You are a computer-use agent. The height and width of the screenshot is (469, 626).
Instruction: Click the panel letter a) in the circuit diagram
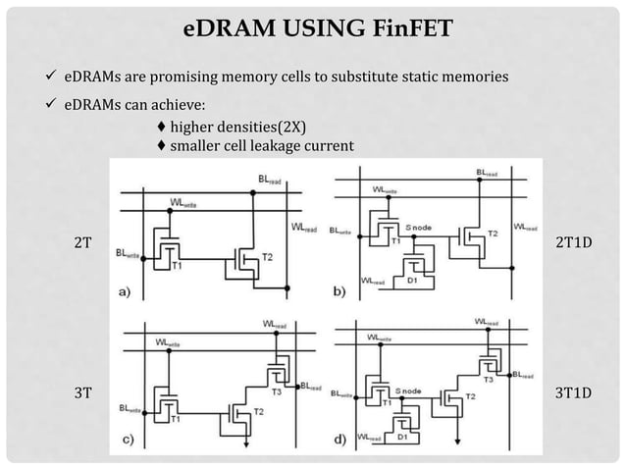(x=126, y=291)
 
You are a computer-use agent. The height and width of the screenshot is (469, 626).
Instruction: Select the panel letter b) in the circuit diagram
(x=339, y=291)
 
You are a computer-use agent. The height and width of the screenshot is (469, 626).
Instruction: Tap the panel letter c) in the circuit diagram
(x=126, y=440)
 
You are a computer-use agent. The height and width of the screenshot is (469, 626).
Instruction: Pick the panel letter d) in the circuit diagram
(x=339, y=439)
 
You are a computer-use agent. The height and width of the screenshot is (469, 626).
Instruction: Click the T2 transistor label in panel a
(x=268, y=257)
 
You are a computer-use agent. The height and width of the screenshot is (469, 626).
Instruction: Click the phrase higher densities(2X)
(x=224, y=128)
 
